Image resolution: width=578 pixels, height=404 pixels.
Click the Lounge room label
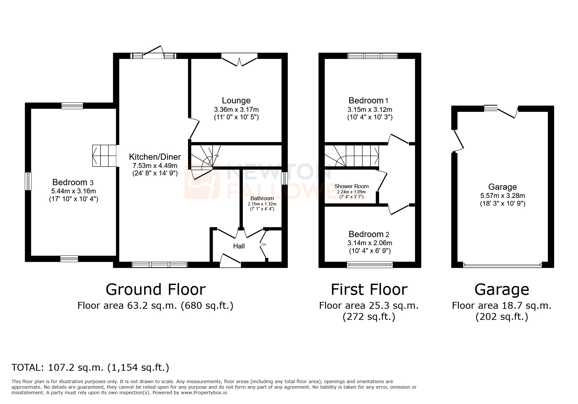coord(236,101)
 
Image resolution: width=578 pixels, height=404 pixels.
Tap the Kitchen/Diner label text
coord(155,157)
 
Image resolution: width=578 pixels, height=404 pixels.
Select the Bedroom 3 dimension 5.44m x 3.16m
coord(73,191)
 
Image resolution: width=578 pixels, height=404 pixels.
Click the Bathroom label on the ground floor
coord(262,198)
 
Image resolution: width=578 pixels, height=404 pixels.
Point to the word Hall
coord(239,246)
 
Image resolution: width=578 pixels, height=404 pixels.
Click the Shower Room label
coord(351,187)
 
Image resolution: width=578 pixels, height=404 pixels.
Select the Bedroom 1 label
coord(368,100)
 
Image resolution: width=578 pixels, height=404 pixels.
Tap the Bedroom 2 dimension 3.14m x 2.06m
coord(369,243)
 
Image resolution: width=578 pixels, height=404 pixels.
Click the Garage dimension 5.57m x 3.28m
coord(502,196)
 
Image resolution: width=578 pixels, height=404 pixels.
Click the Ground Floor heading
coord(156,290)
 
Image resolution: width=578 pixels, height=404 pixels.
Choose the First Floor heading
coord(369,290)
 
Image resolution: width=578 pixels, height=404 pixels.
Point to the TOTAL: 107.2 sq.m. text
coord(90,368)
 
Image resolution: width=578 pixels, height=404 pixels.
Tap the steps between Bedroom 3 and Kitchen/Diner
coord(104,156)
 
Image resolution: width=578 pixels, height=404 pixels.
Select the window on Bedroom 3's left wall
coord(29,181)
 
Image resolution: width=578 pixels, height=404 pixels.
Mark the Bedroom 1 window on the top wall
coord(372,56)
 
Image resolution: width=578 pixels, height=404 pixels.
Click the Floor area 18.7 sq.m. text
coord(502,306)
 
